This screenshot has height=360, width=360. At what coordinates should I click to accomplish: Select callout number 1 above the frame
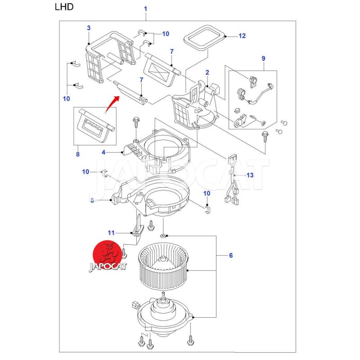[145, 9]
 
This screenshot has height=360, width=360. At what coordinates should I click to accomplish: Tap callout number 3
[89, 28]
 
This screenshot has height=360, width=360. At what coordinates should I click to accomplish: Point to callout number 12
[242, 36]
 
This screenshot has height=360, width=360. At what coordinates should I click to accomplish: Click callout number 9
[263, 58]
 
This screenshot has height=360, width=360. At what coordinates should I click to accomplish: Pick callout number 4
[103, 153]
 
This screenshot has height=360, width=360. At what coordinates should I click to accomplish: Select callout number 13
[250, 175]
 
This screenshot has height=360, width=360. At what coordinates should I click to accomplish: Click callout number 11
[111, 233]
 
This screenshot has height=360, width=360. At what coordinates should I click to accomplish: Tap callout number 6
[230, 256]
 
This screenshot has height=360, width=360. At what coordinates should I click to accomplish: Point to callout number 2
[207, 72]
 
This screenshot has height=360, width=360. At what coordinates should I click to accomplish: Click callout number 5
[92, 200]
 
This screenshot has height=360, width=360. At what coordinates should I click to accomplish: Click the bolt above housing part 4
[135, 122]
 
